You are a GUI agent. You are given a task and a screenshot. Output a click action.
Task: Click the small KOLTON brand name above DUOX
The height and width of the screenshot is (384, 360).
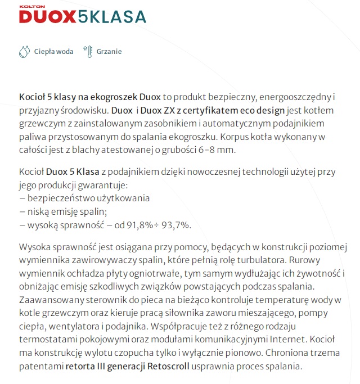click(30, 8)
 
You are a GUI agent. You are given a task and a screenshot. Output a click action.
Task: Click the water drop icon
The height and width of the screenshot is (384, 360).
click(24, 52)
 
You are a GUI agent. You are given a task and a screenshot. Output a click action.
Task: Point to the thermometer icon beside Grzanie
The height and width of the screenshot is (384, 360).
click(87, 52)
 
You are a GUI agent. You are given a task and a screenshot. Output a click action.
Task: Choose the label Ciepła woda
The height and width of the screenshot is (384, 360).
click(53, 52)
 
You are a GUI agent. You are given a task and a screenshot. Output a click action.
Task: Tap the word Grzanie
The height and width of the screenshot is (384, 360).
click(109, 52)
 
